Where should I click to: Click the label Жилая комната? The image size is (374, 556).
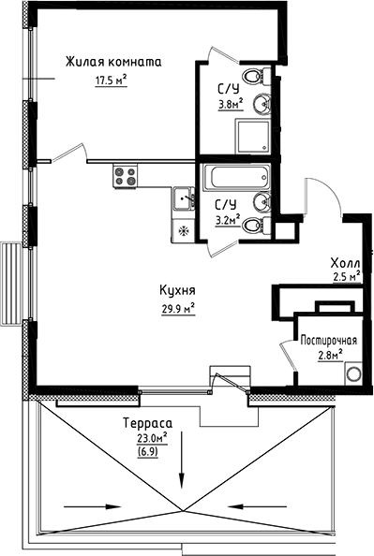coord(113,63)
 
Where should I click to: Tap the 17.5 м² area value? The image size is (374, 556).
coord(111,80)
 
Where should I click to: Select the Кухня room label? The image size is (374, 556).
coord(175,290)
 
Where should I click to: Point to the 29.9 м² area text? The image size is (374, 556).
coord(175,307)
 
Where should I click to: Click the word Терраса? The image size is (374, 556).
coord(145,423)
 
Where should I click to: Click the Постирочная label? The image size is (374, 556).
coord(328,340)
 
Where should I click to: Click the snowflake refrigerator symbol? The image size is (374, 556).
coord(184,227)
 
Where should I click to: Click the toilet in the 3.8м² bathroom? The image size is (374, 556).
coord(253,76)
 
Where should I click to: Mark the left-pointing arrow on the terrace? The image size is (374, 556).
coord(280,507)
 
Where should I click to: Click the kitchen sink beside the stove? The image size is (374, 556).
coord(183,198)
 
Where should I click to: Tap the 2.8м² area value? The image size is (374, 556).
coord(328,355)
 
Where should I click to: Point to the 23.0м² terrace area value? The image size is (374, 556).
coord(151,437)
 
